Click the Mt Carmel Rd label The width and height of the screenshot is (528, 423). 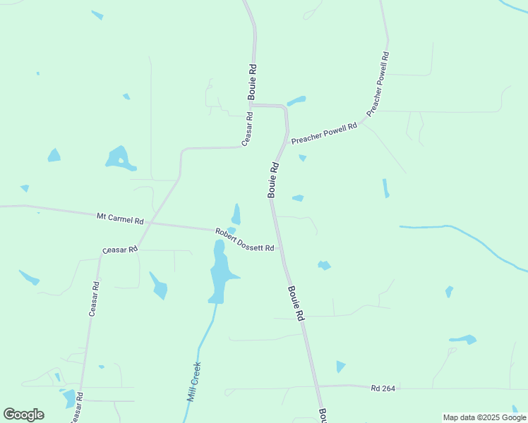(x=120, y=218)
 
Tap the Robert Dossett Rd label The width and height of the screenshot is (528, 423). (x=244, y=240)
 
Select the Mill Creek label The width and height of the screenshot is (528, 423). (x=194, y=381)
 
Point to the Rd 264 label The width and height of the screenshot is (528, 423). (x=385, y=388)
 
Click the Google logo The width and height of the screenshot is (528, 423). (x=24, y=414)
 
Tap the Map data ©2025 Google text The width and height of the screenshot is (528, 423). (x=484, y=417)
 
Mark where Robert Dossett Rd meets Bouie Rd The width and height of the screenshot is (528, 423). (x=280, y=248)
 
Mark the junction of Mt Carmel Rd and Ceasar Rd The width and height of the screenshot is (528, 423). (x=148, y=223)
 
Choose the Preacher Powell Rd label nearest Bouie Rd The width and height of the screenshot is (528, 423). (x=324, y=133)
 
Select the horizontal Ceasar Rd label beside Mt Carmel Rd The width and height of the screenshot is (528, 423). (x=119, y=250)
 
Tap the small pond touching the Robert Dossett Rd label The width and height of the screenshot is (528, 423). (x=231, y=231)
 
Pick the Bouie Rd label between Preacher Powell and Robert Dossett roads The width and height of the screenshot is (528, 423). (x=274, y=180)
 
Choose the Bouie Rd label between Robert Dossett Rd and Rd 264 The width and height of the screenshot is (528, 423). (x=295, y=303)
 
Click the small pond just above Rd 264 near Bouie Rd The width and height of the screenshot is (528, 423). (x=341, y=367)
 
